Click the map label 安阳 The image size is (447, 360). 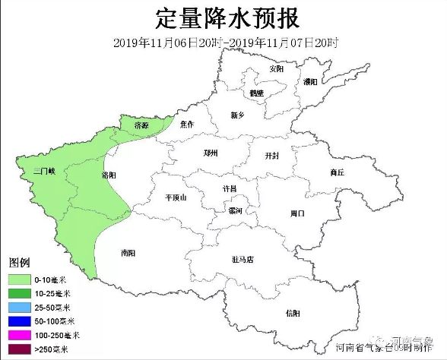click(x=276, y=68)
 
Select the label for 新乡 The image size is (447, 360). click(x=237, y=115)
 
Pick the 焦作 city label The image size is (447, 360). click(x=189, y=124)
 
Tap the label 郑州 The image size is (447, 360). click(x=211, y=153)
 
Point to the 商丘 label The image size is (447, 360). click(x=337, y=172)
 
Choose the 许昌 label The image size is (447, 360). click(x=229, y=188)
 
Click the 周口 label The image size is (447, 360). click(x=297, y=213)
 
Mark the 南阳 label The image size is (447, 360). click(x=128, y=253)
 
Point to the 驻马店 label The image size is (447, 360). click(x=243, y=259)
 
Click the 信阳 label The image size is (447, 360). click(x=293, y=313)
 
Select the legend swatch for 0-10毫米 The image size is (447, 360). click(x=18, y=278)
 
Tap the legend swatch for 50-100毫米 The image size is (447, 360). click(x=18, y=321)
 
